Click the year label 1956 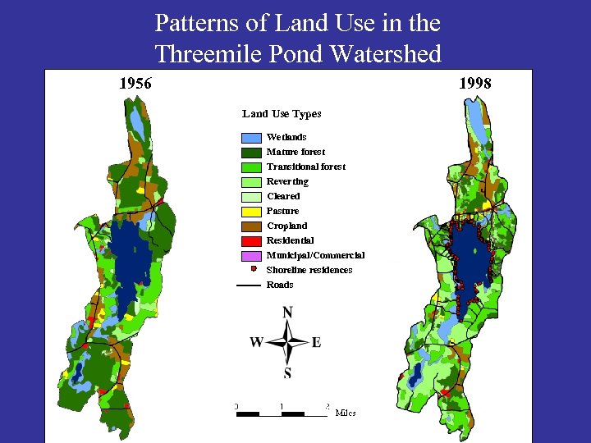click(135, 83)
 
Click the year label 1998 click(475, 83)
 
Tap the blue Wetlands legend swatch click(251, 138)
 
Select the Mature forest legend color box click(251, 153)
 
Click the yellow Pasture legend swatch click(251, 212)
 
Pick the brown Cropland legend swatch click(251, 226)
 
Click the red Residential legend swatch click(251, 241)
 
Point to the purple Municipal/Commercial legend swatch click(251, 256)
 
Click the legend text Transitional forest click(306, 167)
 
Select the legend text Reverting click(287, 181)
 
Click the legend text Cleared click(283, 196)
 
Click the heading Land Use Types click(282, 114)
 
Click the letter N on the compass click(287, 313)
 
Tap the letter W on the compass click(257, 342)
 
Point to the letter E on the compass click(316, 342)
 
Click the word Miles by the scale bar click(346, 413)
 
